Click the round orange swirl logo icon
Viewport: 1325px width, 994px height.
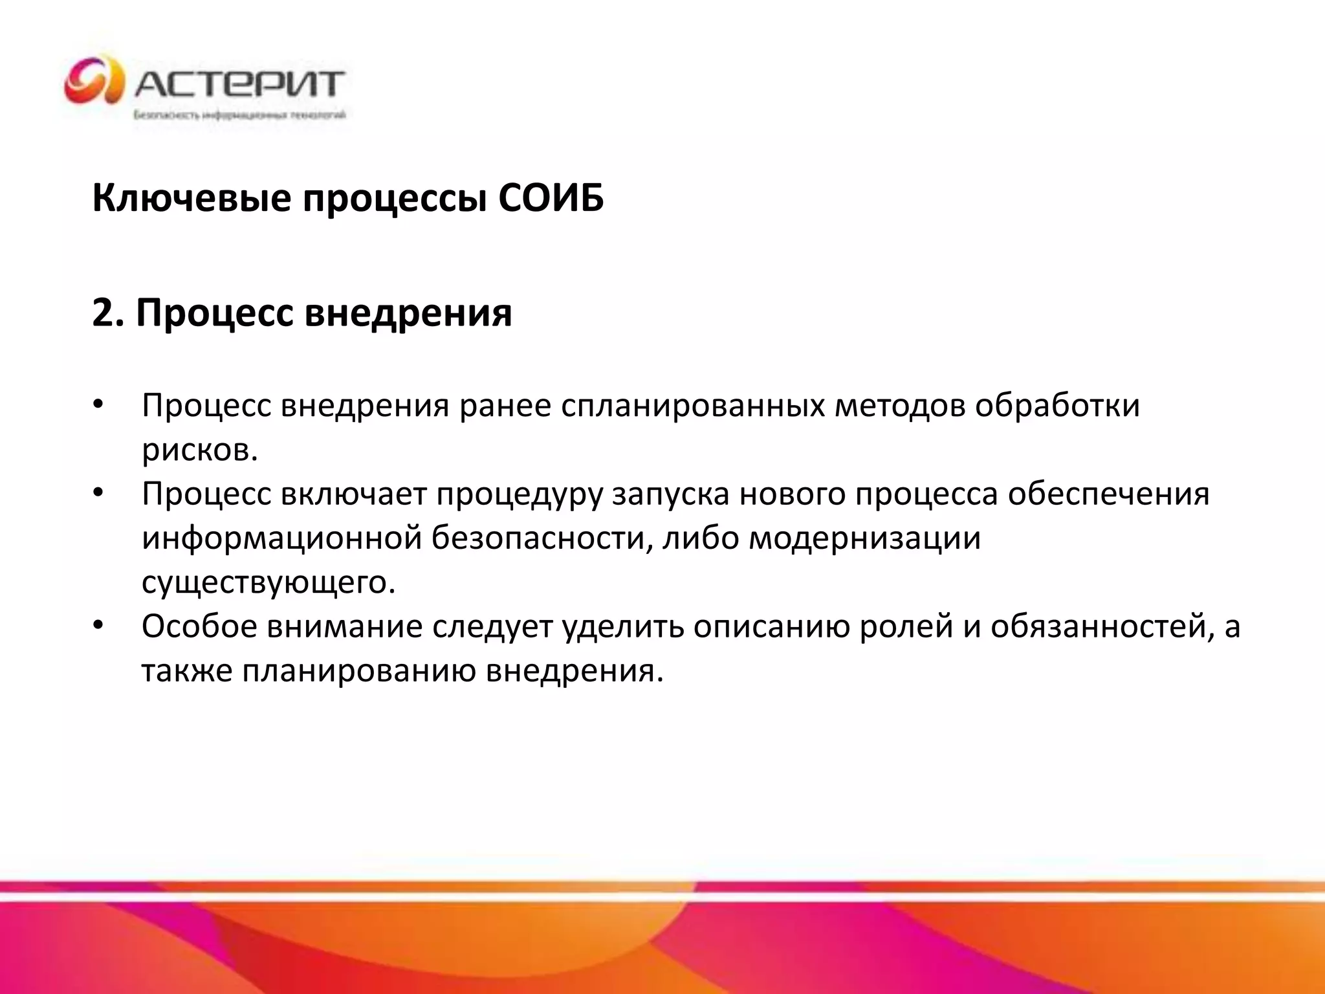click(94, 80)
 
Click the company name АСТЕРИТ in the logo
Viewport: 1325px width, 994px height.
click(239, 83)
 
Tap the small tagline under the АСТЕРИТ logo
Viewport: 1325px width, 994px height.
click(239, 115)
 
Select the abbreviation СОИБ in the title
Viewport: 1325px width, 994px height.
click(551, 198)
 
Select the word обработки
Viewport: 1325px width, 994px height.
click(1057, 406)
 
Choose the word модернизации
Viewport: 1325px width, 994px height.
click(864, 538)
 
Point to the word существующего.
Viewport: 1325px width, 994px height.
click(268, 582)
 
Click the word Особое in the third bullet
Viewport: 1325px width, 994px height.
click(199, 626)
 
